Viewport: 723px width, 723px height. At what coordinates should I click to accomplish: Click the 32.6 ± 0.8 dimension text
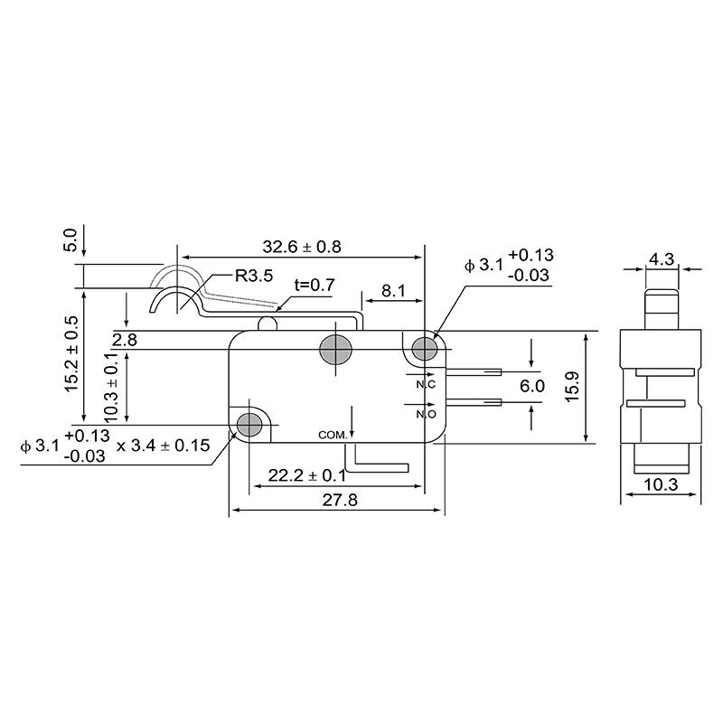[x=302, y=247]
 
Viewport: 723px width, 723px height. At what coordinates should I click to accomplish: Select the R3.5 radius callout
[x=254, y=276]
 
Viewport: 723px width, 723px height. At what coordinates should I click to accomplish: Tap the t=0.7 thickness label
[x=315, y=285]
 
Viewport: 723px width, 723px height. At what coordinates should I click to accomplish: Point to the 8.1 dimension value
[x=393, y=292]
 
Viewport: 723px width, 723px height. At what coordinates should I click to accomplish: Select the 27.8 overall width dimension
[x=337, y=499]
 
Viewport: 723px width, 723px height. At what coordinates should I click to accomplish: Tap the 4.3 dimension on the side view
[x=662, y=259]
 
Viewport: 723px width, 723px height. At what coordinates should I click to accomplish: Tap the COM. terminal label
[x=333, y=435]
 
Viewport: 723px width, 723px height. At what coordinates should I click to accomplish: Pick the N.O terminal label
[x=427, y=415]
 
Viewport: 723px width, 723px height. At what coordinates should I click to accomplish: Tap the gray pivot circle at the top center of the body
[x=335, y=348]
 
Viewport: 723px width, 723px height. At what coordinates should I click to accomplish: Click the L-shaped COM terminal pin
[x=380, y=465]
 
